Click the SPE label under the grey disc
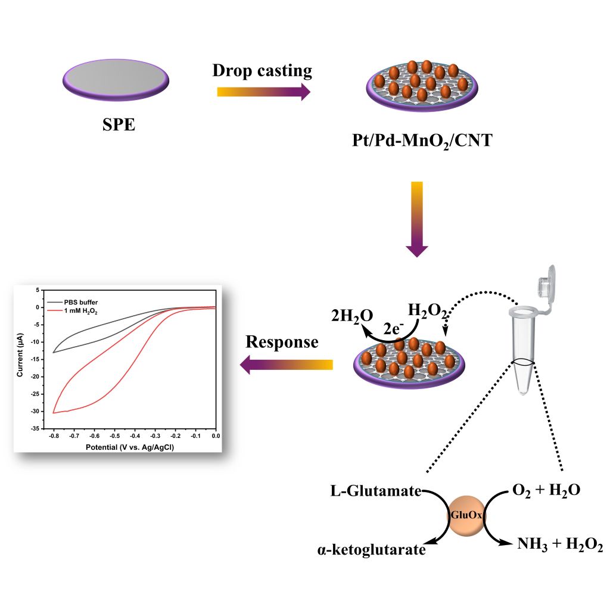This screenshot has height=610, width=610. pos(117,125)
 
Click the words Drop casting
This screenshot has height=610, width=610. pos(262,70)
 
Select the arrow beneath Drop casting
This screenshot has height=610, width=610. pos(263,92)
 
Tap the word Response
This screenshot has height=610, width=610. pos(282,342)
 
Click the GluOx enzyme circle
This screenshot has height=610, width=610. pos(466,515)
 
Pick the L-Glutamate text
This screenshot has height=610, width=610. pos(376,492)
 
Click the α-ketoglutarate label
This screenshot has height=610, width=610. pos(371,549)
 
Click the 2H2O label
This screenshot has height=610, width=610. pos(353,316)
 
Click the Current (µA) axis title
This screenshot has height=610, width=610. pos(20,359)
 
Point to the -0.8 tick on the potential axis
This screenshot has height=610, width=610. pos(54,436)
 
